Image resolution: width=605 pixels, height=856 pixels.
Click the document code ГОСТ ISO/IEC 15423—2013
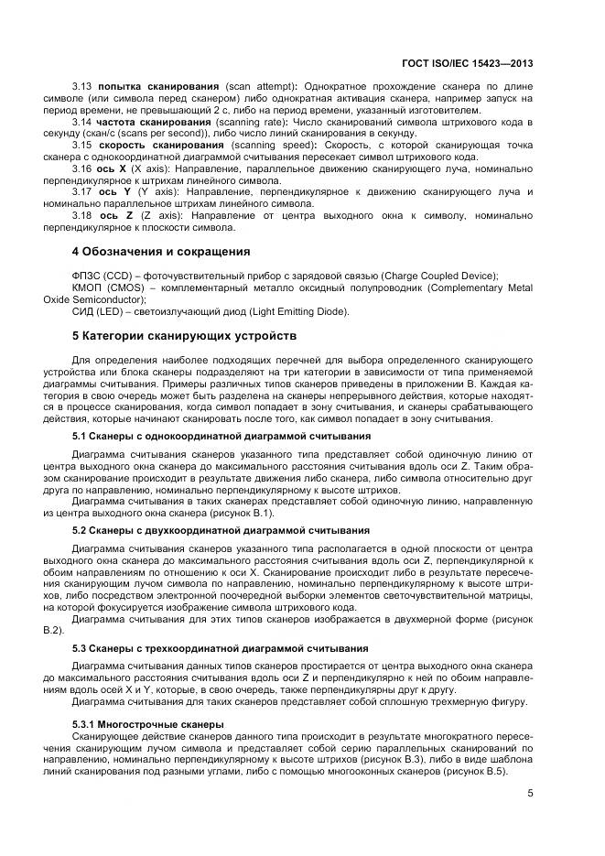(x=467, y=64)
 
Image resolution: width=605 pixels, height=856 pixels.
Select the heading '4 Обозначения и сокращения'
(x=161, y=251)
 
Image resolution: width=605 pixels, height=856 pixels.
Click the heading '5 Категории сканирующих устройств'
(x=184, y=335)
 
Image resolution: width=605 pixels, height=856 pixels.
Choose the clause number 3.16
(x=82, y=168)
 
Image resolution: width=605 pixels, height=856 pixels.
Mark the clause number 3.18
(x=82, y=214)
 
